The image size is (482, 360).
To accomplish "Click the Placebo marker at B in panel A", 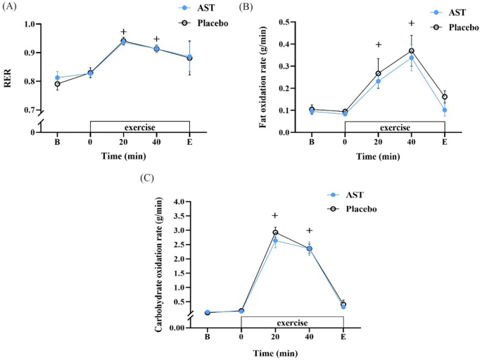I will (x=57, y=84).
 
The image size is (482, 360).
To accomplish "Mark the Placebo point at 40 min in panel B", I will (x=412, y=51).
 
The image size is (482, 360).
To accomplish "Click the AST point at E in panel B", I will (x=445, y=110).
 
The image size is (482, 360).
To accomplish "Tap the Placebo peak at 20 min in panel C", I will (x=275, y=232).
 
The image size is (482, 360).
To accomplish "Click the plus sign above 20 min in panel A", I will (x=123, y=32).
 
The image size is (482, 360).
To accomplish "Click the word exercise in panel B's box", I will (x=395, y=127).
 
